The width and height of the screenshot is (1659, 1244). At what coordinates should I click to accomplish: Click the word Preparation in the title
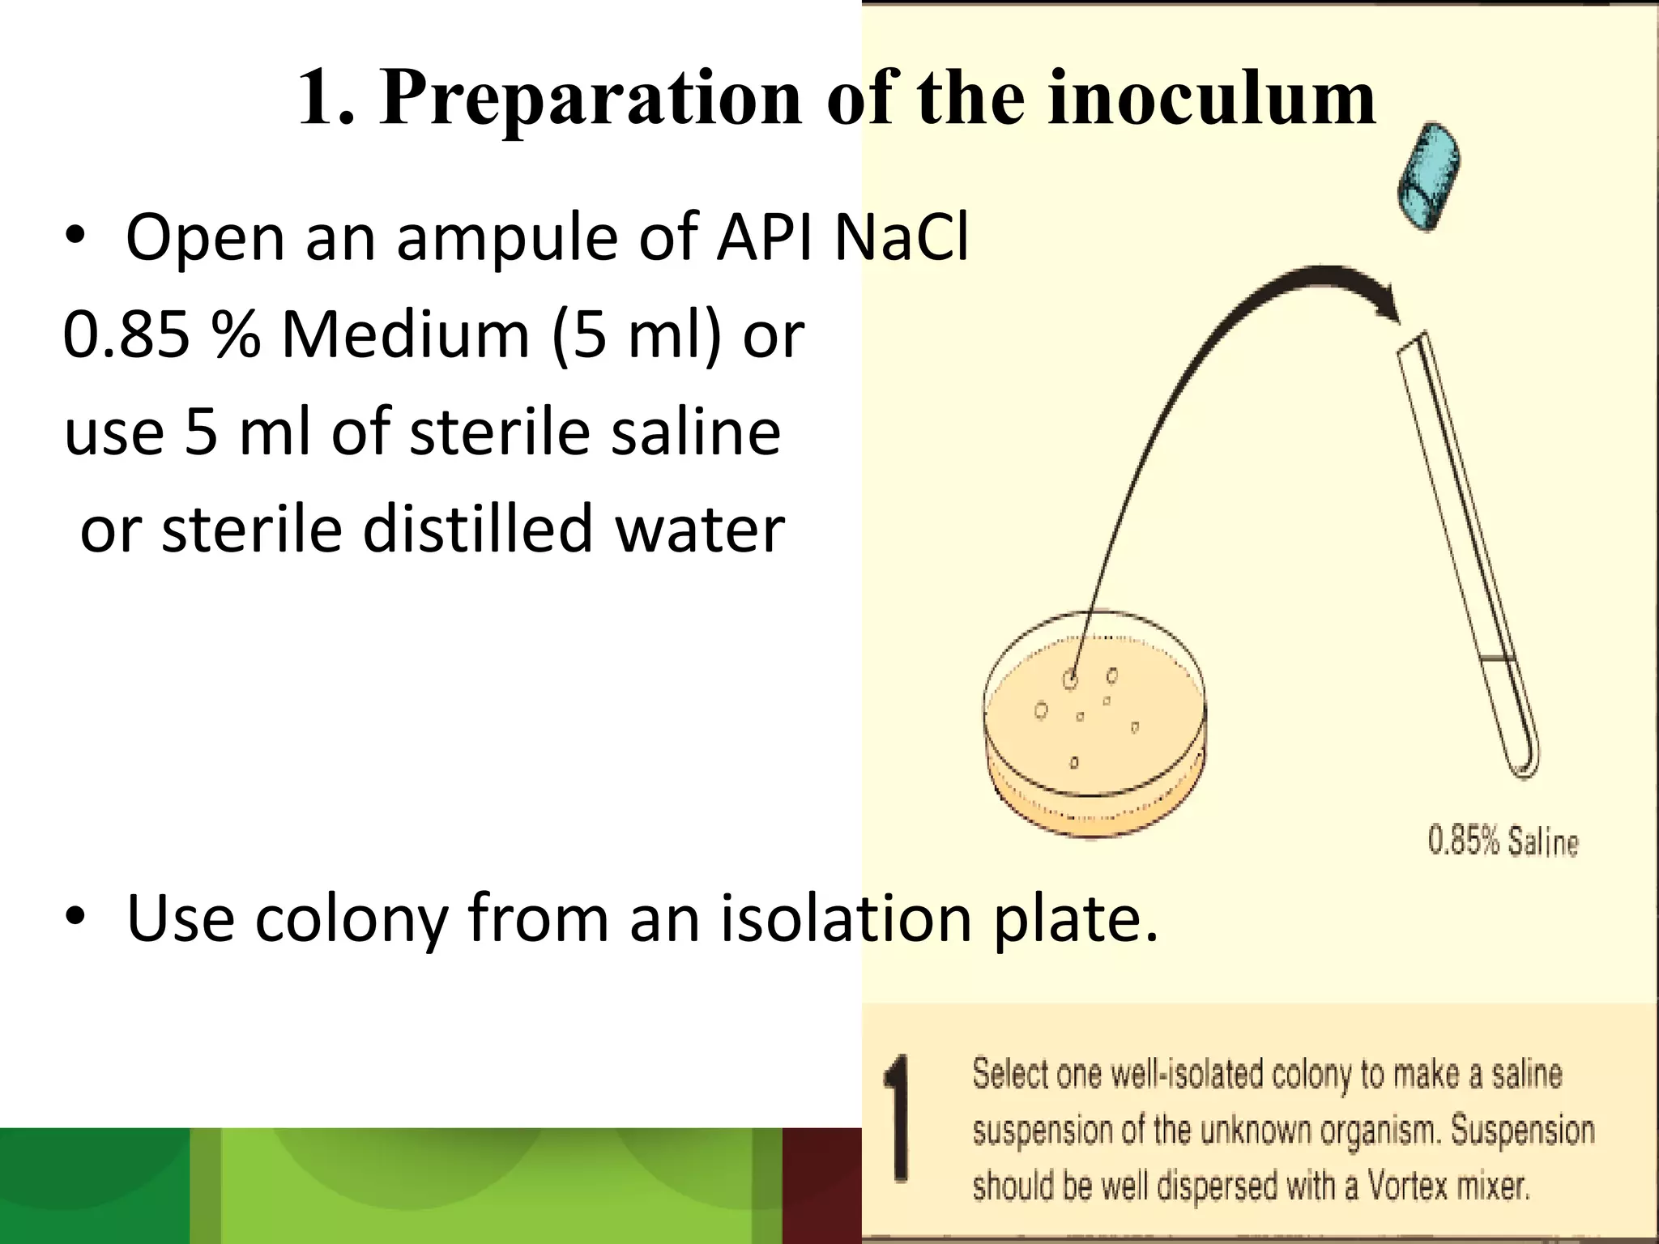tap(590, 99)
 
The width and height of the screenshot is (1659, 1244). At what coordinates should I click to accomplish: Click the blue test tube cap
tap(1428, 176)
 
